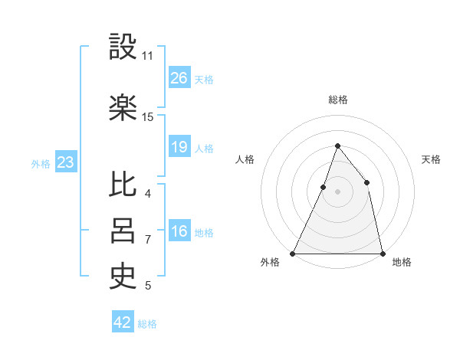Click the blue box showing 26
pyautogui.click(x=179, y=78)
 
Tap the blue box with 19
pyautogui.click(x=179, y=147)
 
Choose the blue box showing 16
pyautogui.click(x=179, y=232)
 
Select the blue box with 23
pyautogui.click(x=65, y=162)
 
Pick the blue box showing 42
pyautogui.click(x=123, y=322)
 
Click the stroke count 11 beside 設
pyautogui.click(x=148, y=56)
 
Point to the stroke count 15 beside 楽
pyautogui.click(x=148, y=117)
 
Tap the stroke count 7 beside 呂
pyautogui.click(x=148, y=240)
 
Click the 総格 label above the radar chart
pyautogui.click(x=337, y=100)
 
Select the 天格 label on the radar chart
pyautogui.click(x=431, y=159)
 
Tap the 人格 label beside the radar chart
pyautogui.click(x=245, y=159)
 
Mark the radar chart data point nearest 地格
pyautogui.click(x=382, y=253)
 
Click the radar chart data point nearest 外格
pyautogui.click(x=293, y=253)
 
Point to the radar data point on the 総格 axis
pyautogui.click(x=337, y=146)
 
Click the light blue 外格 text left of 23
pyautogui.click(x=40, y=163)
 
